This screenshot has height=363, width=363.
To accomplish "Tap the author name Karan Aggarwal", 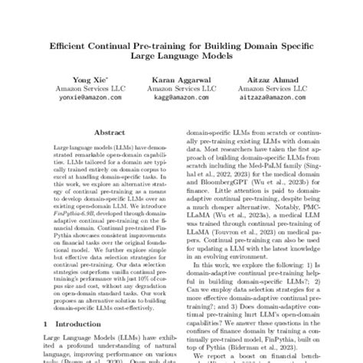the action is pos(182,79).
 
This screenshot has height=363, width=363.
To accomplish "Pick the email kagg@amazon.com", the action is pos(182,97).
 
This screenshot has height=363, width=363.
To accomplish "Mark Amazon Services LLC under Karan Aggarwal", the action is pos(182,88).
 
